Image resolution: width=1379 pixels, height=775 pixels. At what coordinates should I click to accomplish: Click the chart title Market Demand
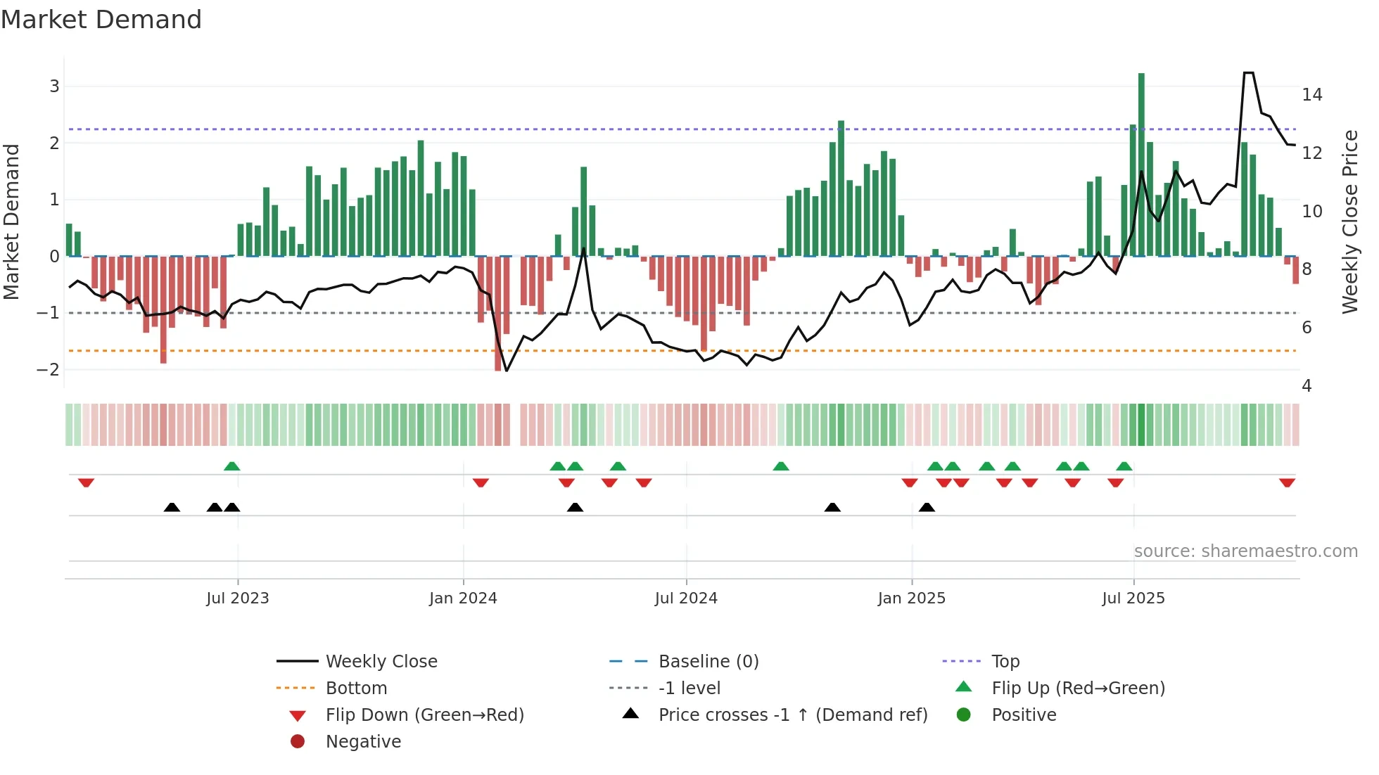[101, 20]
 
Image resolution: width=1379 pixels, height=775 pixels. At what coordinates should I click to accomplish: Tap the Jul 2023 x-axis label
[237, 598]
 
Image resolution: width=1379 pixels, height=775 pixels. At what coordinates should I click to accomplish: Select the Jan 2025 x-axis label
[911, 598]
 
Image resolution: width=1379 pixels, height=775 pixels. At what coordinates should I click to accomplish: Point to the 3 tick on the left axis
[54, 87]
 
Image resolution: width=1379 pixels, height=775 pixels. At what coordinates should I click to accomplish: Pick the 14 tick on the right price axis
[1311, 95]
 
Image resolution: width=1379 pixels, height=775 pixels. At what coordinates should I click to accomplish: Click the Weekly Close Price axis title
[1349, 222]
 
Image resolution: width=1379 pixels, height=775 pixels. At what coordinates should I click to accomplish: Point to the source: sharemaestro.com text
[1245, 551]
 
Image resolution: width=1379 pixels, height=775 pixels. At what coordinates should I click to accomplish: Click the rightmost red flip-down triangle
[1287, 482]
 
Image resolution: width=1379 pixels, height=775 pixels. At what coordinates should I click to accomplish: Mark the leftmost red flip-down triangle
[86, 482]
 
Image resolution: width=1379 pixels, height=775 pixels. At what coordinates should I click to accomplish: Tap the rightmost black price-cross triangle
[927, 507]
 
